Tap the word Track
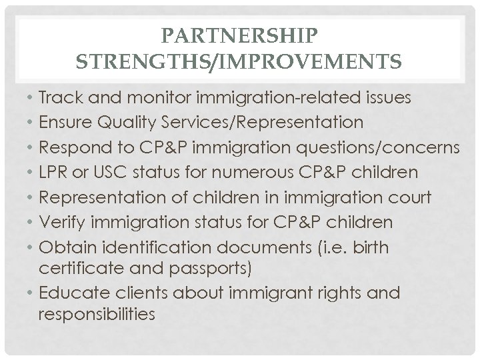pos(58,98)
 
